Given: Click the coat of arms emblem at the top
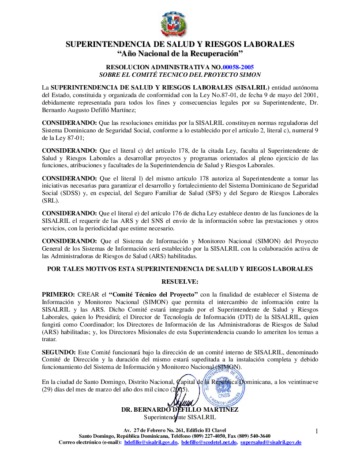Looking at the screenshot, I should tap(174, 24).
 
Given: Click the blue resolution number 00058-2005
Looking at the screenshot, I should tap(238, 68).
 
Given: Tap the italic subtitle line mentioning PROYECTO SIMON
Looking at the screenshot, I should tap(180, 75).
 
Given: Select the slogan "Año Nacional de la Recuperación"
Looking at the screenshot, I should tap(180, 54).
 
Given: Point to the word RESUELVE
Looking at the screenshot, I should tap(180, 282).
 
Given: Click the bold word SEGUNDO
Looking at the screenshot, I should tap(59, 352).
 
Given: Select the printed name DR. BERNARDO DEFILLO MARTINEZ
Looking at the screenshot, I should tap(180, 410).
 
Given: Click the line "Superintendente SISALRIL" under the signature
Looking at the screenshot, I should tap(180, 417).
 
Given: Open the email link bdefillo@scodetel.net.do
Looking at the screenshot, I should tap(209, 442).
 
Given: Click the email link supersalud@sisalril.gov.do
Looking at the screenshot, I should tap(271, 442).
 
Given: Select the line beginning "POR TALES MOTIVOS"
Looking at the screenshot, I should tap(180, 269).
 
